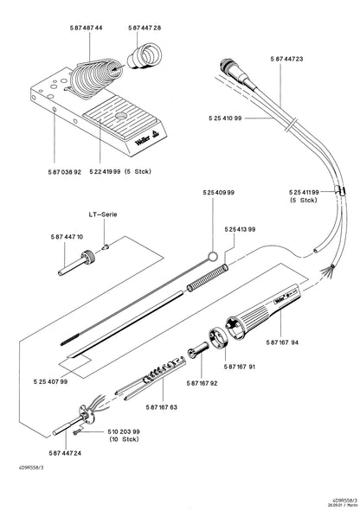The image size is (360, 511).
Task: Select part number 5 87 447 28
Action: coord(145,29)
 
